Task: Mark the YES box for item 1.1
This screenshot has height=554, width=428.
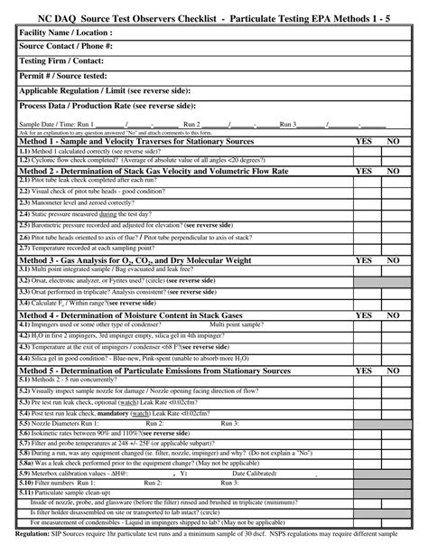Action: (x=364, y=152)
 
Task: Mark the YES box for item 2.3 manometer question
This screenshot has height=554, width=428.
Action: (x=364, y=202)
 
